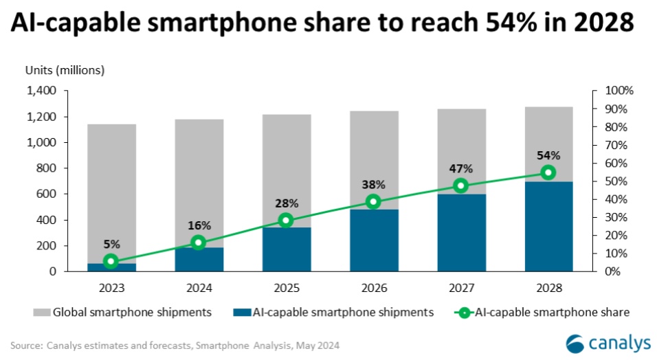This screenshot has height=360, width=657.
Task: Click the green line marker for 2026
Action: [373, 201]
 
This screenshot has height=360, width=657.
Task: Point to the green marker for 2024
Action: [198, 242]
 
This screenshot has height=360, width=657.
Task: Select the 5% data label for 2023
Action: [111, 244]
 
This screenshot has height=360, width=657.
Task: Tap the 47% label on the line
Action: [460, 168]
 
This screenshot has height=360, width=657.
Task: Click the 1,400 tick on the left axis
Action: [42, 91]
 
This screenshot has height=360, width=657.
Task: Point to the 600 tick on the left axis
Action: [47, 194]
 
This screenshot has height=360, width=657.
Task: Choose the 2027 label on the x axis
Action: [460, 284]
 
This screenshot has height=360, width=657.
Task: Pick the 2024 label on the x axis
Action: [199, 284]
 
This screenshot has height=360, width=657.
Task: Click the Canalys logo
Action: [605, 341]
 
